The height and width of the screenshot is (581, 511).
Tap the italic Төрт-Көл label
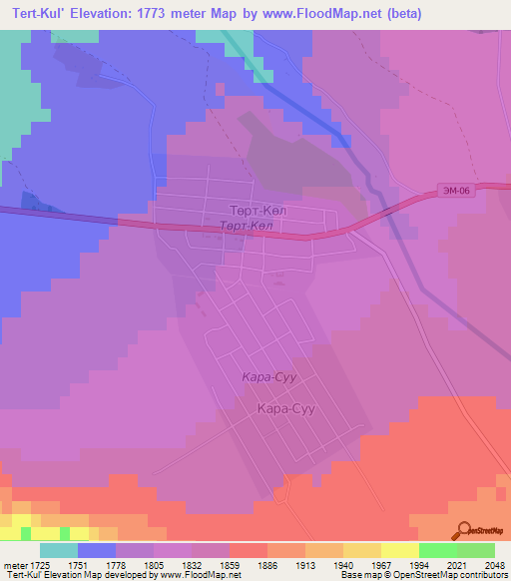[246, 227]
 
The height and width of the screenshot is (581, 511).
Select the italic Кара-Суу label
[265, 376]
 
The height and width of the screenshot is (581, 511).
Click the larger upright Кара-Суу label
[287, 408]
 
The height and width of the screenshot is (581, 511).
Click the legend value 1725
[40, 564]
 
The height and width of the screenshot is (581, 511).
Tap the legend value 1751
[78, 564]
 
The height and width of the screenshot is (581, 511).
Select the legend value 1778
[116, 564]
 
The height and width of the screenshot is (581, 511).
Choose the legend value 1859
[230, 564]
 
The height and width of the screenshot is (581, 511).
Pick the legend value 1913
[305, 564]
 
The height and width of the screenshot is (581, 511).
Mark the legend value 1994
[419, 564]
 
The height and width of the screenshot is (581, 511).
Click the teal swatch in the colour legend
[59, 550]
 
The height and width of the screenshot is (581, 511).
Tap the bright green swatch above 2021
[437, 550]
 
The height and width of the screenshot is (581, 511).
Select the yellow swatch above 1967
[361, 550]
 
